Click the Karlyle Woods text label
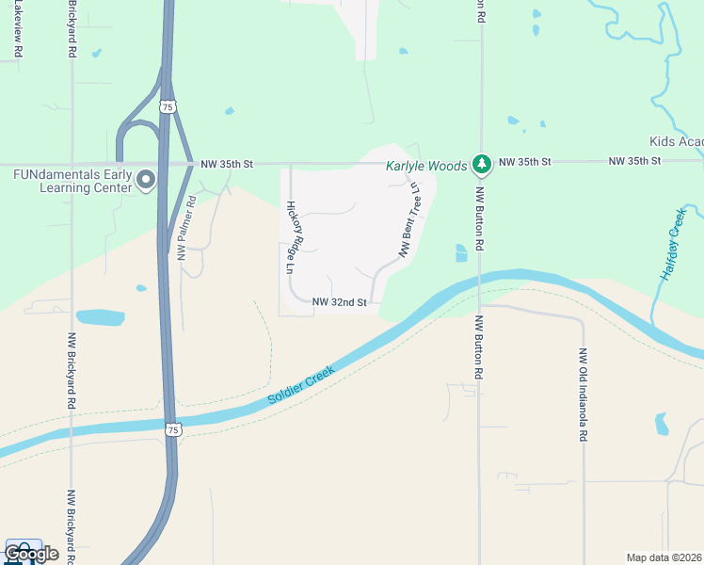pos(426,166)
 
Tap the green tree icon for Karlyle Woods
pos(482,165)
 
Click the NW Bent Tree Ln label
pos(409,219)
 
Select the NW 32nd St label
pos(339,302)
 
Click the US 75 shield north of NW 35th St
pos(167,107)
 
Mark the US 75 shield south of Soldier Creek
pos(170,429)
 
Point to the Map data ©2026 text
pos(664,557)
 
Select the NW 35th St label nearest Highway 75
pos(227,164)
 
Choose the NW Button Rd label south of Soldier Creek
pos(479,347)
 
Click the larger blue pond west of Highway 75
pos(100,317)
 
